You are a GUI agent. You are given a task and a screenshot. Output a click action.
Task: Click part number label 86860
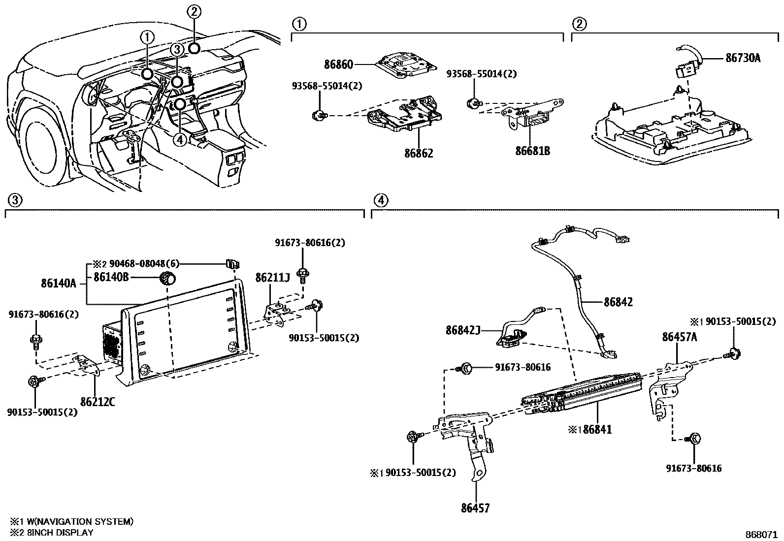pos(338,65)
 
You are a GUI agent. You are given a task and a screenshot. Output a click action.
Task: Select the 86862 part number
pos(419,153)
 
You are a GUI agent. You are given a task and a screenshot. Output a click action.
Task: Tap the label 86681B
pos(533,151)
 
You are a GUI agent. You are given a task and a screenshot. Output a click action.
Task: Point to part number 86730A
pos(743,58)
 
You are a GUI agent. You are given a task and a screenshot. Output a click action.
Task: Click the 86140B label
pos(111,277)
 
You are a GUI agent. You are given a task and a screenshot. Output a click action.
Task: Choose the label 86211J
pos(273,278)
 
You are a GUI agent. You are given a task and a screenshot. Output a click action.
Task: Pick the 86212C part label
pos(98,402)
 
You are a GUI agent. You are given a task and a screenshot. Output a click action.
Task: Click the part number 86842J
pos(463,330)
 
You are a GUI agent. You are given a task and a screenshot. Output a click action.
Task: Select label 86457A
pos(679,337)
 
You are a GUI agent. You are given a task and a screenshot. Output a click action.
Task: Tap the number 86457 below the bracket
pos(475,508)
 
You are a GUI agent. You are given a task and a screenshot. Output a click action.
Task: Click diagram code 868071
pos(761,535)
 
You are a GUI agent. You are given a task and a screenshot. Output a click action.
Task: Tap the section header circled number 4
pos(381,200)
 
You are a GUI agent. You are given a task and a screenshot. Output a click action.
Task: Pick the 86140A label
pos(59,284)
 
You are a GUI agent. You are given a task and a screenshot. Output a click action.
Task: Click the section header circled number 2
pos(579,24)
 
